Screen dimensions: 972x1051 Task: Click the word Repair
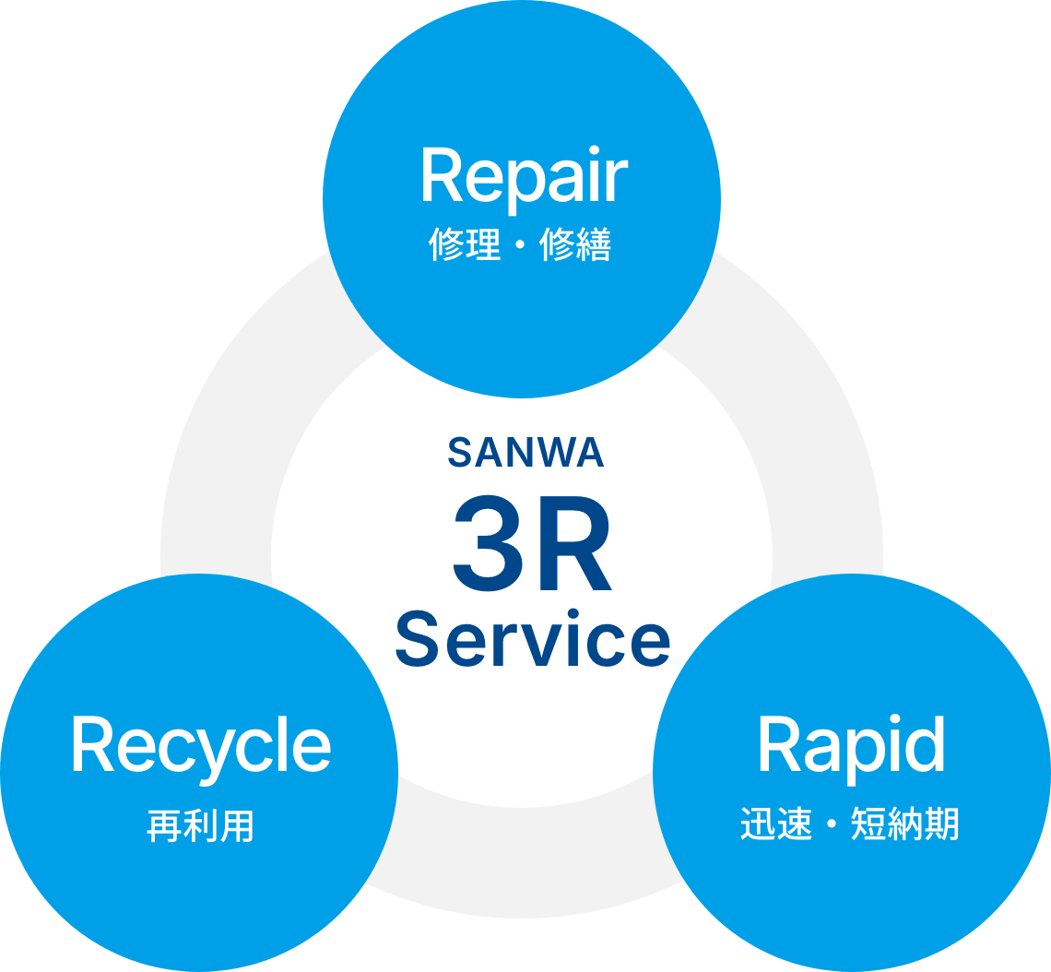[524, 176]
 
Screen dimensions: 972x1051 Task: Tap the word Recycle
[201, 746]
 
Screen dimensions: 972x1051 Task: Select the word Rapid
[851, 744]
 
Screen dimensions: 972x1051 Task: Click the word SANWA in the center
[525, 453]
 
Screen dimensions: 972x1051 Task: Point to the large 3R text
[532, 546]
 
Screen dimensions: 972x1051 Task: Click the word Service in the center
[533, 639]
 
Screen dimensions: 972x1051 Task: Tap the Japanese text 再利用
[200, 825]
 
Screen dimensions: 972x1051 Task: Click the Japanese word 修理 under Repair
[466, 245]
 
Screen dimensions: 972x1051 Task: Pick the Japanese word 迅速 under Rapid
[777, 824]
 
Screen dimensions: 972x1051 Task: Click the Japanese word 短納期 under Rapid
[904, 824]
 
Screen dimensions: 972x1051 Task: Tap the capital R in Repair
[441, 176]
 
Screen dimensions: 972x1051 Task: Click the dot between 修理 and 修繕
[521, 246]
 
